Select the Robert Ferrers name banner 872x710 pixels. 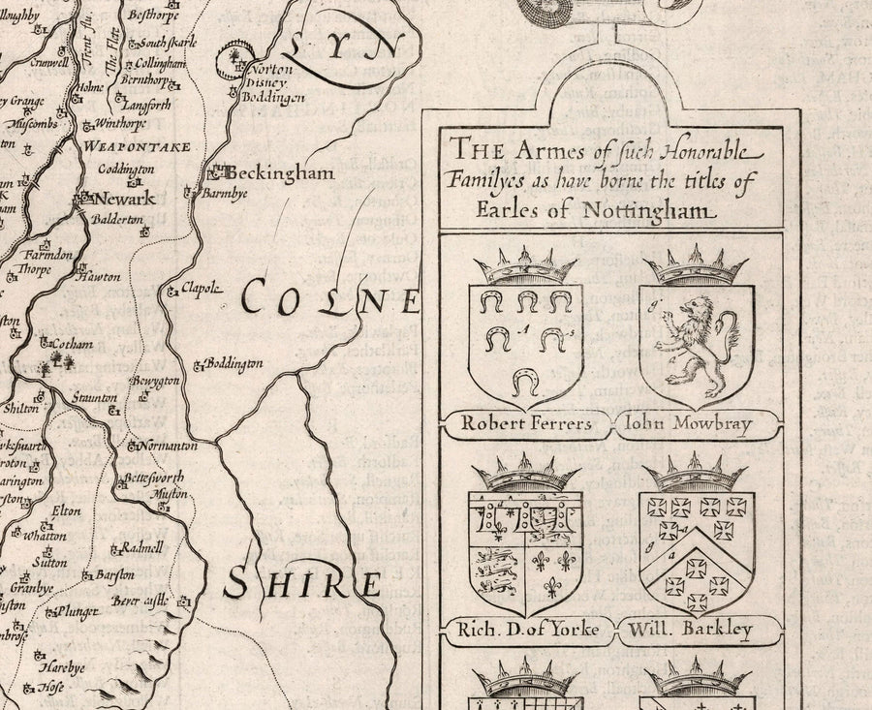tap(525, 423)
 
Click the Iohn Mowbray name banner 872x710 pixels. tap(689, 423)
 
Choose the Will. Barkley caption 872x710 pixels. tap(691, 630)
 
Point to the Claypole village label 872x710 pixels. tap(202, 288)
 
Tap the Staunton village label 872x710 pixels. tap(94, 398)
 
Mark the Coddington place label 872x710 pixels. tap(126, 169)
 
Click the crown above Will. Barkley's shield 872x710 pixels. tap(695, 475)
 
